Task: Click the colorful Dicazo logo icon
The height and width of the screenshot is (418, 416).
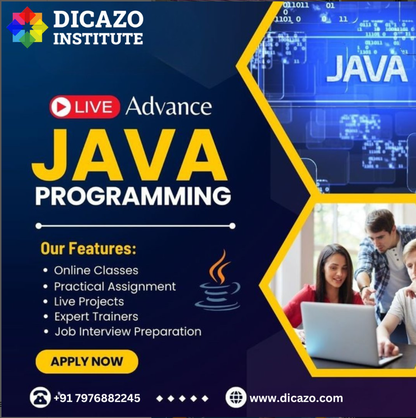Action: click(27, 27)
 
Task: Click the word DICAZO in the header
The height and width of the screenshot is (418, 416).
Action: click(98, 19)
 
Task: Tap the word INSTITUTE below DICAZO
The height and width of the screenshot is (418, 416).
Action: click(98, 39)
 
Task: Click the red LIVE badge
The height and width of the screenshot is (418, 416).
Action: click(84, 107)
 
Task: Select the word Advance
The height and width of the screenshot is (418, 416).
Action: click(168, 107)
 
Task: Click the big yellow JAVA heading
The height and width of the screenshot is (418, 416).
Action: click(130, 155)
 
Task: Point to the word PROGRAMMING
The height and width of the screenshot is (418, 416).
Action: click(133, 196)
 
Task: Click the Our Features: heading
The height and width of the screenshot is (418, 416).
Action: click(88, 248)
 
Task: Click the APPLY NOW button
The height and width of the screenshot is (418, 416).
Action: click(87, 361)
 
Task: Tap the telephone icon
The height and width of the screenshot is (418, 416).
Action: click(40, 398)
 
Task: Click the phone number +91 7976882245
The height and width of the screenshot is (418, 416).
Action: click(97, 398)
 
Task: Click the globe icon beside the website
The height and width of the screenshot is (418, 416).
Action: click(236, 398)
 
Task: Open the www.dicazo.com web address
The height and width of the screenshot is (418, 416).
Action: click(296, 398)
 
